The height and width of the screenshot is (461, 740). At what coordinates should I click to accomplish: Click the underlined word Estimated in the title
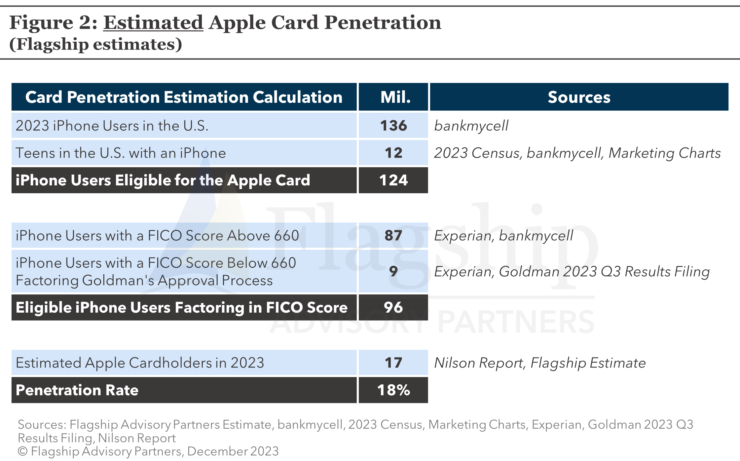(x=153, y=22)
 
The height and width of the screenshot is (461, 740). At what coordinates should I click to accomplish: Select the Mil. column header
(x=395, y=97)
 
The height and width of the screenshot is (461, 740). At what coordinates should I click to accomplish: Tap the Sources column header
(x=579, y=97)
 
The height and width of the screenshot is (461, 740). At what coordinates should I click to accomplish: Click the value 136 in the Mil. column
(x=393, y=126)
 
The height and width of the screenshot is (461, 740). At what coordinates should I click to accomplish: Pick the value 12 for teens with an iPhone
(x=393, y=153)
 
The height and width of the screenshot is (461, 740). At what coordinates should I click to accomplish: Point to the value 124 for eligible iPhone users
(x=393, y=180)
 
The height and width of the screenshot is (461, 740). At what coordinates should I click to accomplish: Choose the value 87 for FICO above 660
(x=393, y=235)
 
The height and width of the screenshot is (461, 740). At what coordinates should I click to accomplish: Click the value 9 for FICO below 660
(x=393, y=271)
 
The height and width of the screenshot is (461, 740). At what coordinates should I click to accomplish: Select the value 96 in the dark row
(x=393, y=307)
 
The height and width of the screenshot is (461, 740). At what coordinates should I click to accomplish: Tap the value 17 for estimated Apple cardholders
(x=393, y=363)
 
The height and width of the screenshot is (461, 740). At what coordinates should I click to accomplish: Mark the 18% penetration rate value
(x=393, y=390)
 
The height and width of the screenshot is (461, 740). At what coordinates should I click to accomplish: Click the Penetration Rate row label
(x=77, y=390)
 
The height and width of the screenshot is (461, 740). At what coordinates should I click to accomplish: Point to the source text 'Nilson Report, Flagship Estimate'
(x=540, y=363)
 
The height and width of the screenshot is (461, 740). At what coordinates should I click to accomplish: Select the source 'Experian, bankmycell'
(x=503, y=236)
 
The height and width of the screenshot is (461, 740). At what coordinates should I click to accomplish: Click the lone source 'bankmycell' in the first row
(x=471, y=126)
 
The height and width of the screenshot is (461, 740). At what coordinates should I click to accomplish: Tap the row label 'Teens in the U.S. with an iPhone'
(x=121, y=153)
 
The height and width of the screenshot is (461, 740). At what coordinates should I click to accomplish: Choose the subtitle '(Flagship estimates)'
(x=96, y=44)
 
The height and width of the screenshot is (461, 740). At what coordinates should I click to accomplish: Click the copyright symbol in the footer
(x=22, y=451)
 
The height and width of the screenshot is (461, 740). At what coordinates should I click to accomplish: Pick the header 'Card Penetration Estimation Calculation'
(x=184, y=97)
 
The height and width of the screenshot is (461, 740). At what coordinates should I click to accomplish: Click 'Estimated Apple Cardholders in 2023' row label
(x=140, y=363)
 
